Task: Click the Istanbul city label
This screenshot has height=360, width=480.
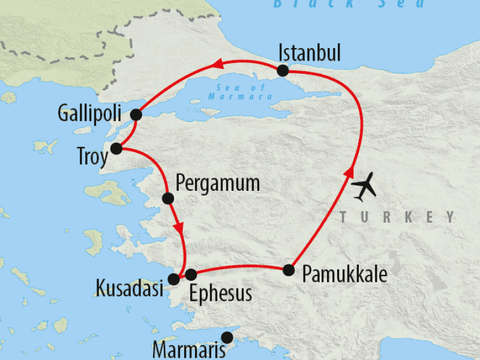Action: tap(310, 53)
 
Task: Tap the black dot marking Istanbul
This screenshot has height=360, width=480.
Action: tap(283, 71)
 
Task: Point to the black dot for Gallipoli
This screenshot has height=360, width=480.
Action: tap(136, 114)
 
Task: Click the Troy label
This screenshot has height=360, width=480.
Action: tap(92, 158)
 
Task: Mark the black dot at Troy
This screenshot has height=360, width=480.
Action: tap(118, 148)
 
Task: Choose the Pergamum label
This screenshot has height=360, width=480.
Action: tap(218, 182)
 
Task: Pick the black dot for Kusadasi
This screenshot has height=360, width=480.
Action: tap(174, 278)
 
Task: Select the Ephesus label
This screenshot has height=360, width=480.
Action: tap(220, 293)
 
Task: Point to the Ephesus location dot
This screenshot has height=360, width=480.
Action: tap(191, 275)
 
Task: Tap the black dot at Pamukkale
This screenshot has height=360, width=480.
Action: tap(289, 270)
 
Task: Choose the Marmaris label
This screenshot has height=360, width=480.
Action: tap(189, 349)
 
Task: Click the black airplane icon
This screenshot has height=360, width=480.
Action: tap(365, 187)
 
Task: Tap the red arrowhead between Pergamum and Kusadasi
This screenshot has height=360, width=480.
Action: tap(178, 229)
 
